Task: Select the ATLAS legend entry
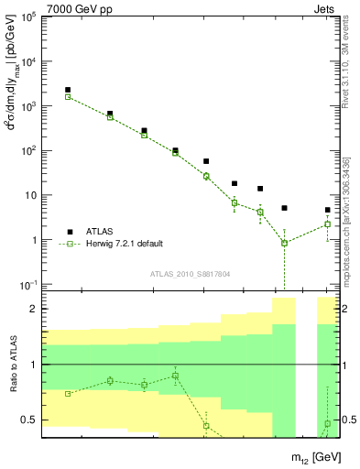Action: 100,231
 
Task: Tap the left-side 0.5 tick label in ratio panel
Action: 29,420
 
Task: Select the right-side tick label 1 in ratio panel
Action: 349,365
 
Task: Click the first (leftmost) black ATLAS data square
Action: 68,90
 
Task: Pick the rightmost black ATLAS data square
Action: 327,210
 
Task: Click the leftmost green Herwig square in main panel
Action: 68,96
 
